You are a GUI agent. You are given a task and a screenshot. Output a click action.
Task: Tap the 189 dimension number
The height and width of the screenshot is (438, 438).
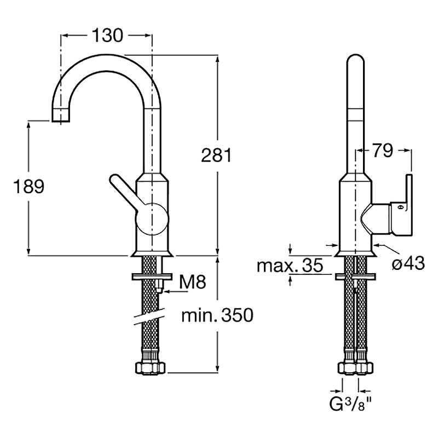28,187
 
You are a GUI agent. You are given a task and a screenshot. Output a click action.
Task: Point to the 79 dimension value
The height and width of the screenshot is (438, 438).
383,150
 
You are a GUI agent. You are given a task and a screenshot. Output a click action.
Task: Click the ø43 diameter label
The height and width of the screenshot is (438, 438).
408,263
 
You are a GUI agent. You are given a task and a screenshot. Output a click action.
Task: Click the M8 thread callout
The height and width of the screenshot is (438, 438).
193,283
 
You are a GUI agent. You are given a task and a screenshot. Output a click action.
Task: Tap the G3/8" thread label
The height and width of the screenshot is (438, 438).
351,406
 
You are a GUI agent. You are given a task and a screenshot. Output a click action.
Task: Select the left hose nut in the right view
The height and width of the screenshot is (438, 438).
347,367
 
